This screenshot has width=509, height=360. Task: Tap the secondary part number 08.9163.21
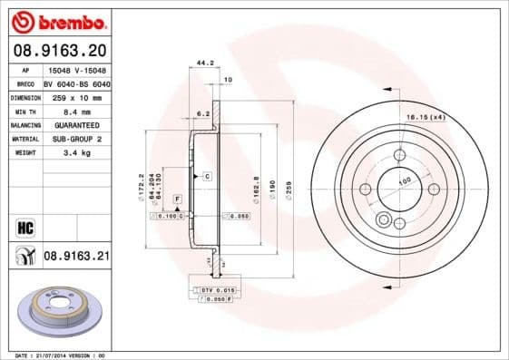coord(76,258)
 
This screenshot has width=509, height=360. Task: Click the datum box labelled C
coord(207,175)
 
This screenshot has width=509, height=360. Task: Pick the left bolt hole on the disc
coord(365,189)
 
